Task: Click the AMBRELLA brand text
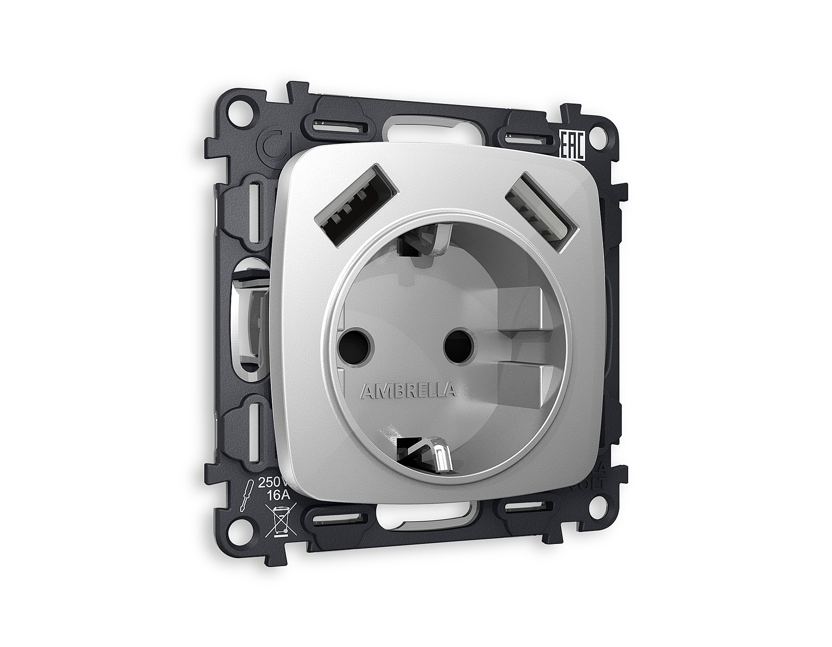click(x=407, y=391)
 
